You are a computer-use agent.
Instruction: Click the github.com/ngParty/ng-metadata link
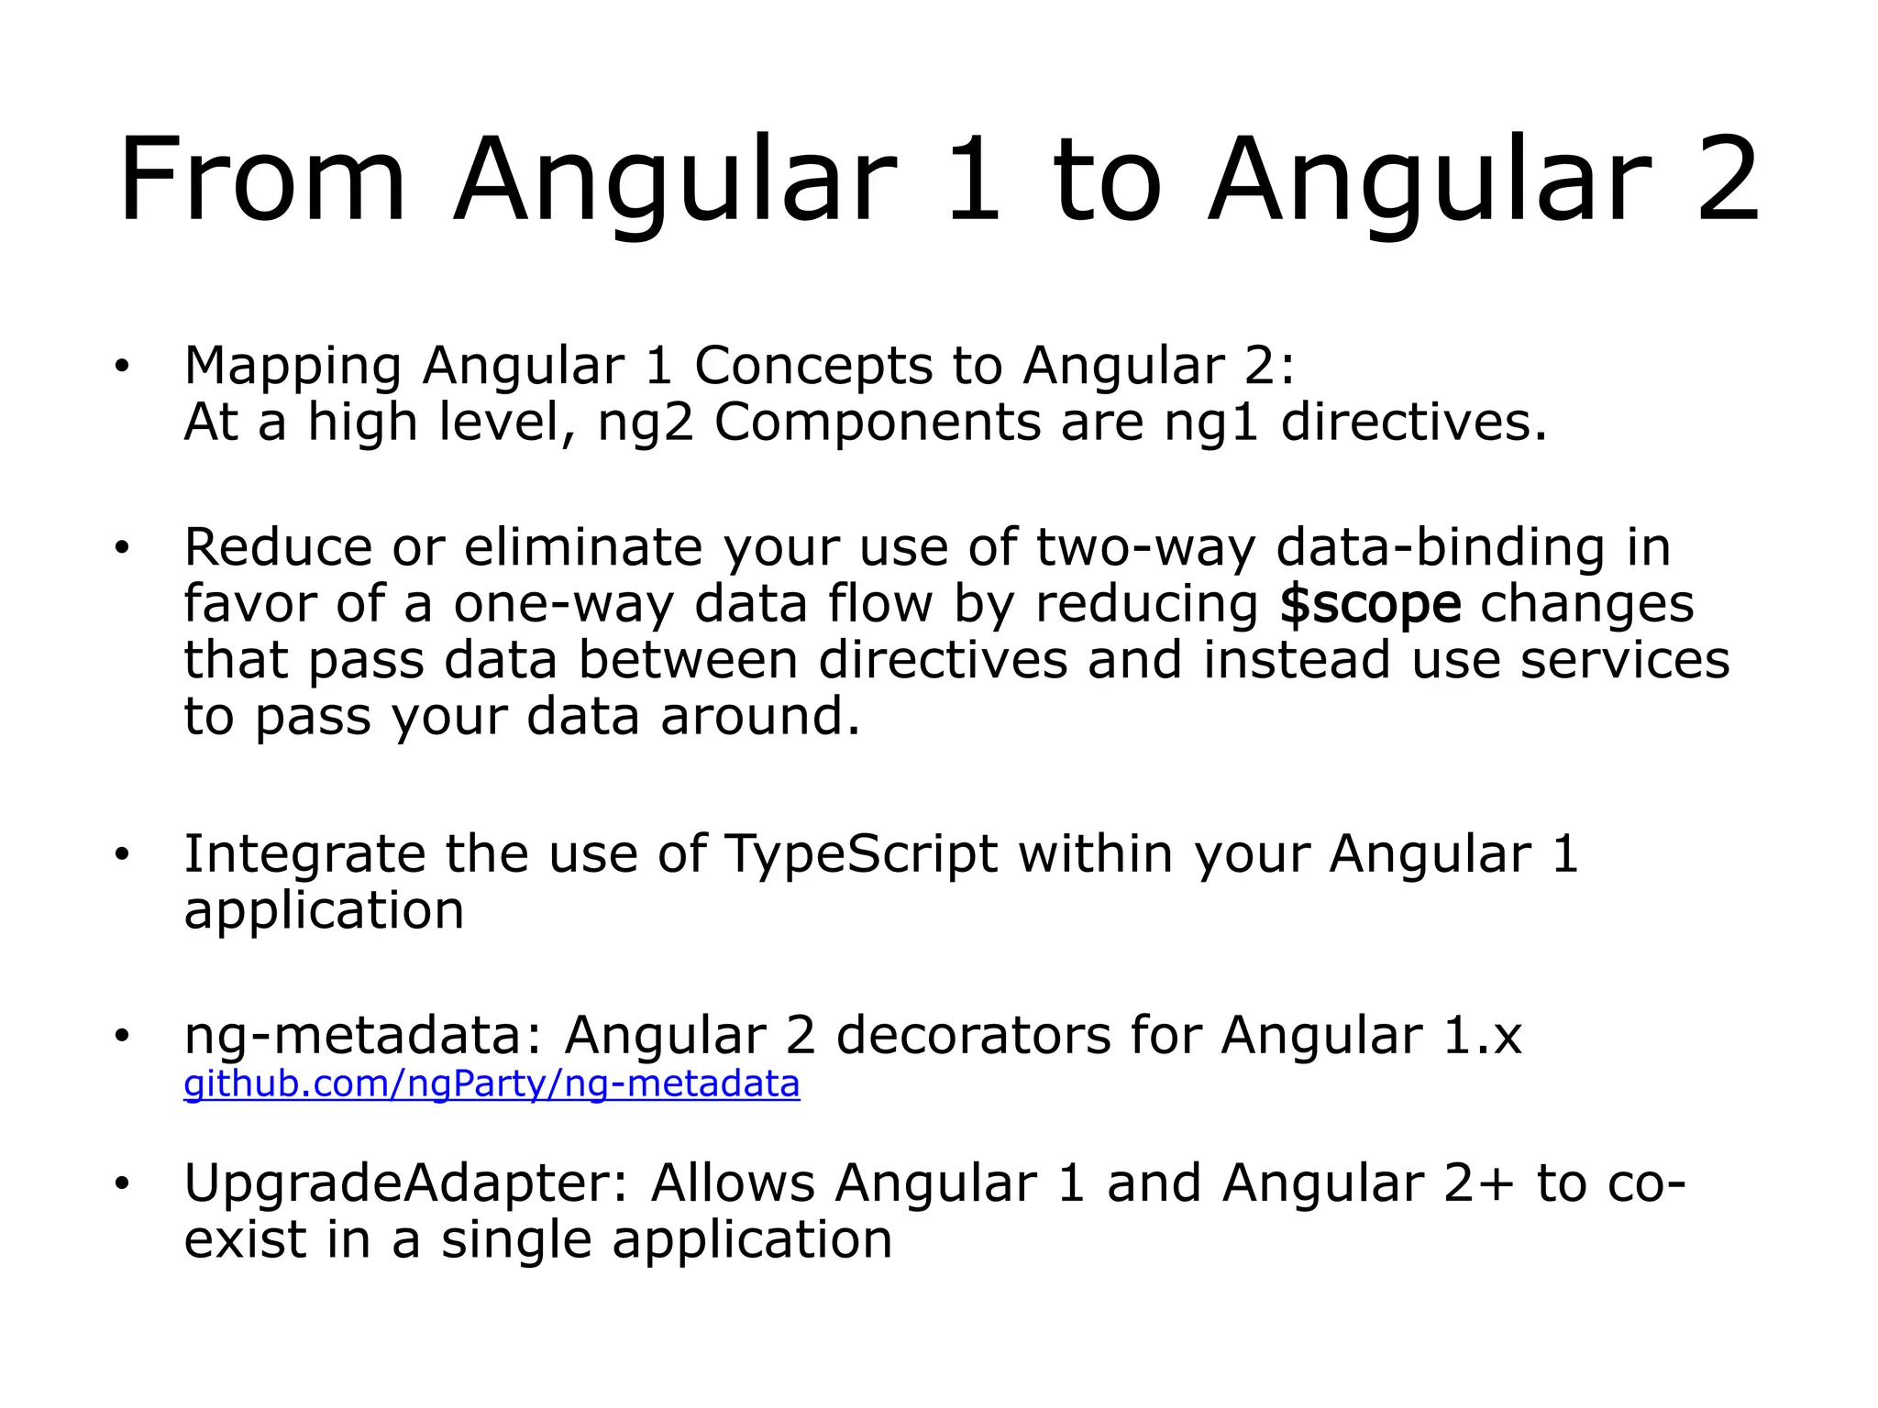click(492, 1083)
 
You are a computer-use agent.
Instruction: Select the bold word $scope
click(1370, 605)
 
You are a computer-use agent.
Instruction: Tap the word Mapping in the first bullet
click(293, 367)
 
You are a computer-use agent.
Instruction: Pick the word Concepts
click(812, 367)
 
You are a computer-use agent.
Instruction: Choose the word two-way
click(1145, 549)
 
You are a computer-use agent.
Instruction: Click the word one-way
click(563, 605)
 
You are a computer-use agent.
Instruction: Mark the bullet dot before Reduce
click(123, 548)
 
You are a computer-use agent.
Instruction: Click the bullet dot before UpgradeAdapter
click(123, 1183)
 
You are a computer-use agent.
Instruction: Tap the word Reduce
click(278, 548)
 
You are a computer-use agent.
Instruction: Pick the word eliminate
click(582, 548)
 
